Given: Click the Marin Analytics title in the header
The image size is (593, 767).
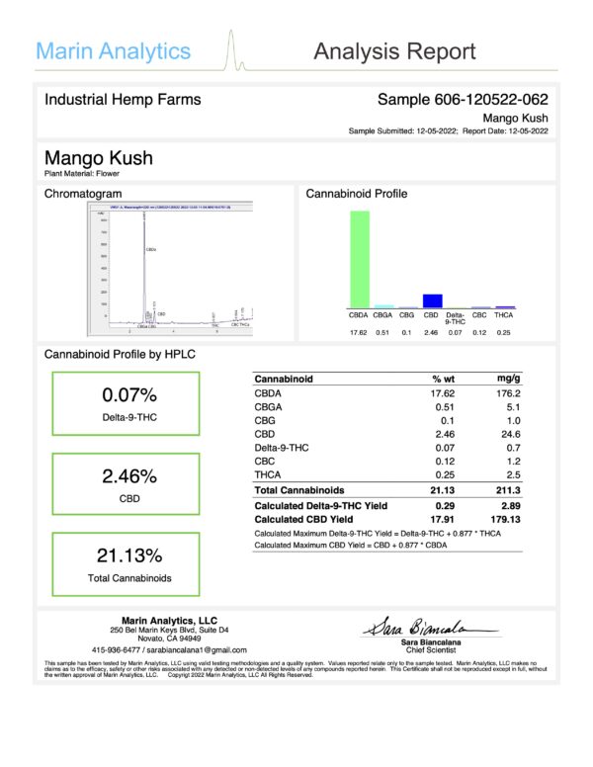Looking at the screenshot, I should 114,50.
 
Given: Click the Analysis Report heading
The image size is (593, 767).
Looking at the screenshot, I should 394,51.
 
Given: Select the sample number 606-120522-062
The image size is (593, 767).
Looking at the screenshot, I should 463,100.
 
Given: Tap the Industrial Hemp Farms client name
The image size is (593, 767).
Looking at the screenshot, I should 123,100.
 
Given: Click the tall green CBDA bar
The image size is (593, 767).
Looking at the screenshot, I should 359,259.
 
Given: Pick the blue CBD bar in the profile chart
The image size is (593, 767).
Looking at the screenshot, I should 431,300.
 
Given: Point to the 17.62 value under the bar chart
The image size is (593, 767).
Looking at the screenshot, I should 359,332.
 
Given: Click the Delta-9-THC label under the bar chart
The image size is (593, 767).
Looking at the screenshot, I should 456,319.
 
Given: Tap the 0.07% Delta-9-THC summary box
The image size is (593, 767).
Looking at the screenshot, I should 126,403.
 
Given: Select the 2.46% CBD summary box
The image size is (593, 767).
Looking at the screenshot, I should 126,484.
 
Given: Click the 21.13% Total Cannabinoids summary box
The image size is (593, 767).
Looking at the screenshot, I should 126,563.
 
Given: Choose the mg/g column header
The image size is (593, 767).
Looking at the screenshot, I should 508,379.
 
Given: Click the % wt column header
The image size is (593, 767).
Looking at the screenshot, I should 442,379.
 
